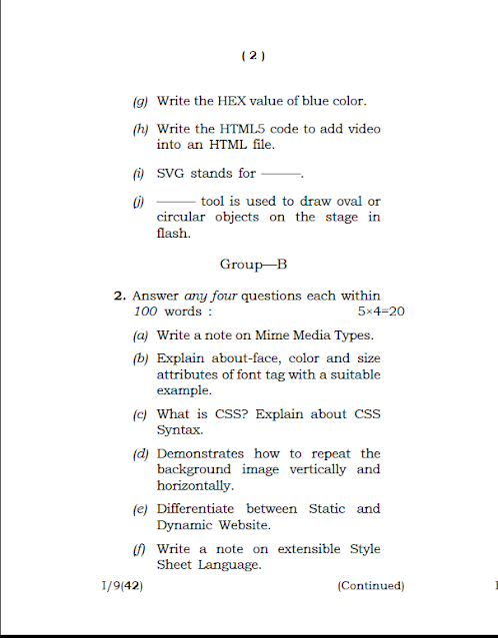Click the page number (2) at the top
[x=252, y=57]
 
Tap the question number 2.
[x=119, y=296]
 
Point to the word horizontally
[x=195, y=485]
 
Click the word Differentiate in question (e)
[x=197, y=508]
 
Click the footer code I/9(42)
[x=116, y=586]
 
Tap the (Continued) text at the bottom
[x=371, y=586]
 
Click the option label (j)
[x=138, y=202]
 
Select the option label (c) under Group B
[x=139, y=414]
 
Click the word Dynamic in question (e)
[x=184, y=524]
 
